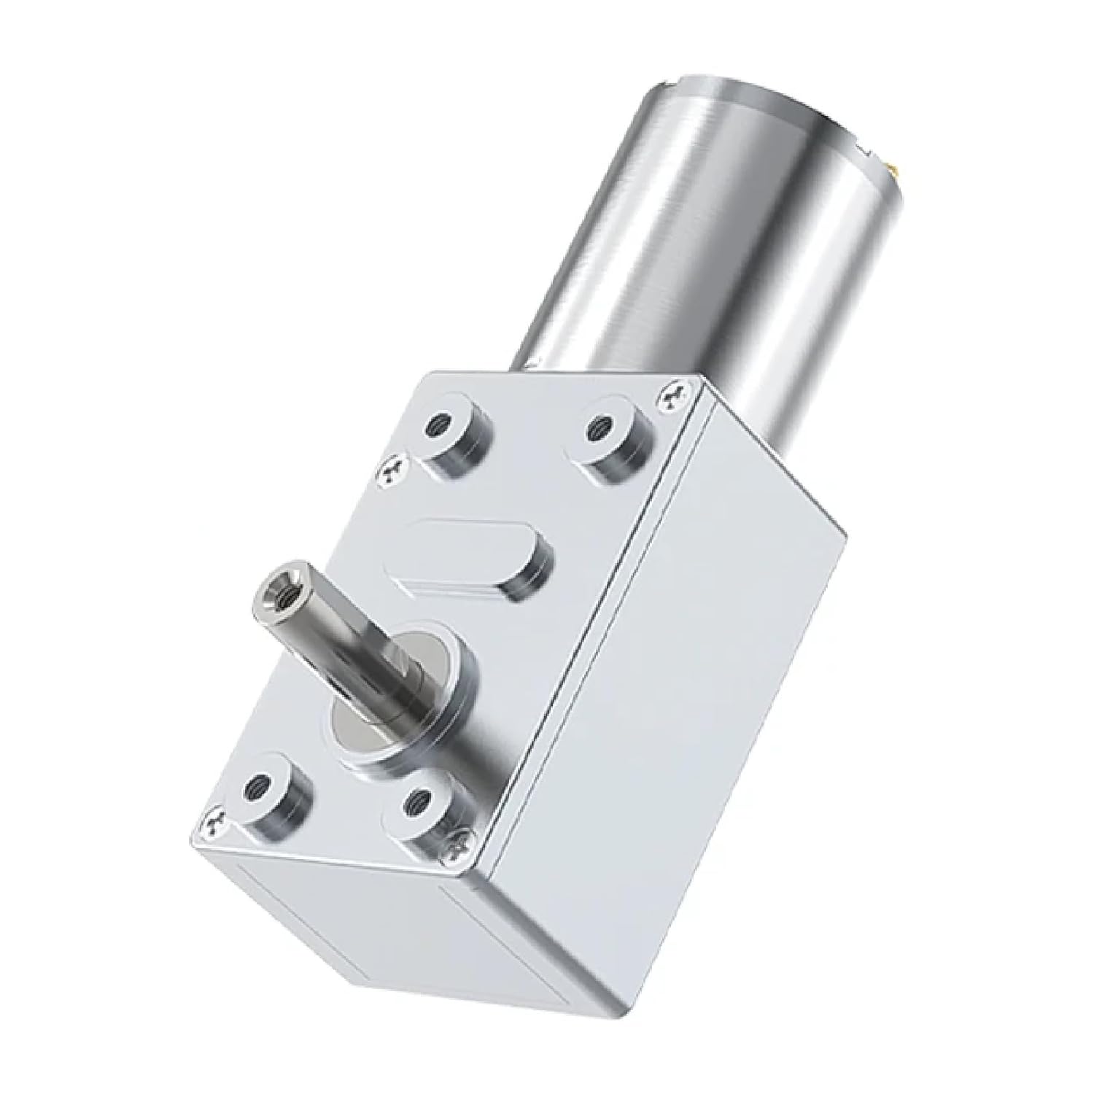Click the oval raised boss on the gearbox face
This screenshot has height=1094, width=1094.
pyautogui.click(x=474, y=559)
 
